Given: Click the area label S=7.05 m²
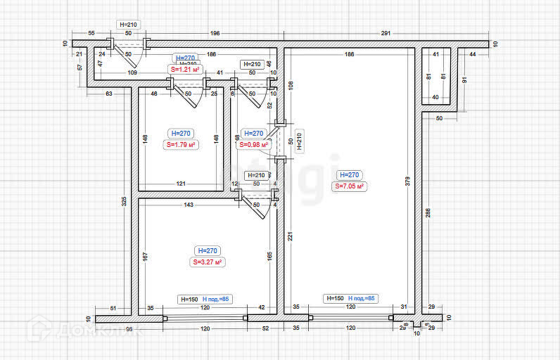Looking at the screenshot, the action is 349,186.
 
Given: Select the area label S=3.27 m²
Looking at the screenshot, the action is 208,262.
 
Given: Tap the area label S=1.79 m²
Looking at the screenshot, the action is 180,145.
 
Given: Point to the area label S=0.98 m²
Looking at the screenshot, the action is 254,145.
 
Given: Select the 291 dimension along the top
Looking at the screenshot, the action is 386,34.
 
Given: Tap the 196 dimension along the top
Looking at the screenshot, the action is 215,34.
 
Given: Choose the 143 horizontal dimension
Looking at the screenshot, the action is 189,205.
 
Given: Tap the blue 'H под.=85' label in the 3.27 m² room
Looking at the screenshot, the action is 217,299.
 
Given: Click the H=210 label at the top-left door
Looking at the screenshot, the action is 129,25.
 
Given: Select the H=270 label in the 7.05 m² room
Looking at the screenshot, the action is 349,175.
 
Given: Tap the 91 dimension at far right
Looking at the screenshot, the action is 464,79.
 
